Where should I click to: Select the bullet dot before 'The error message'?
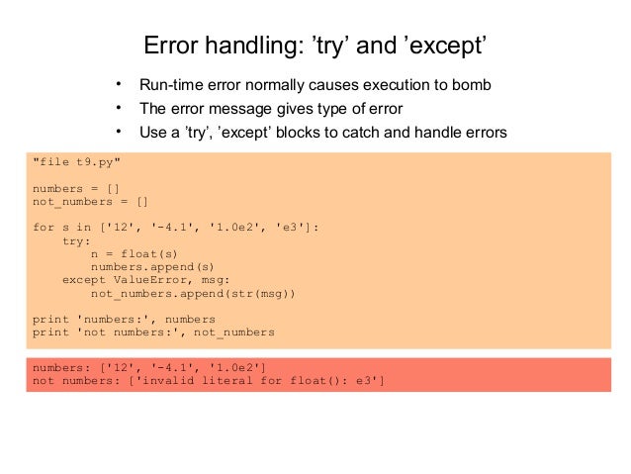(117, 108)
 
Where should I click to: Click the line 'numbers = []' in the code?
(76, 187)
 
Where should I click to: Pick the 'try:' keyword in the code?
(76, 240)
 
